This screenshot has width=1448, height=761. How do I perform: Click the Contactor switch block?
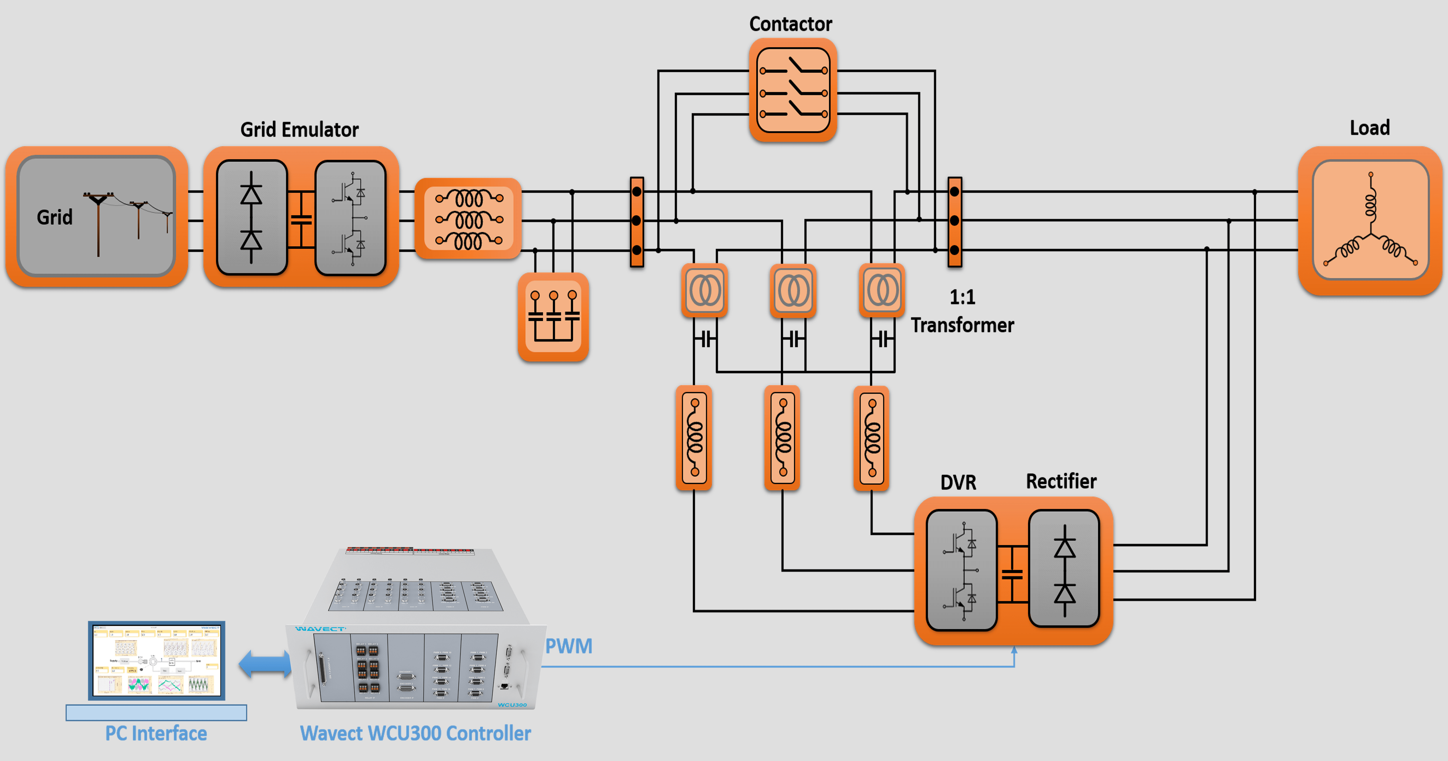point(793,90)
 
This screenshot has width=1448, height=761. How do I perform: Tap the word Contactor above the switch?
point(790,24)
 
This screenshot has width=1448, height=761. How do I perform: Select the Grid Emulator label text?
point(299,130)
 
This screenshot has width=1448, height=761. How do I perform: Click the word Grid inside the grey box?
point(54,217)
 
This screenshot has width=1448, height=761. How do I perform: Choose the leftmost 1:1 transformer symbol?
point(704,291)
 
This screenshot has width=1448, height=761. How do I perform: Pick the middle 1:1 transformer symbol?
point(793,291)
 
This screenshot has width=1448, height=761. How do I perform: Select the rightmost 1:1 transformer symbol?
point(881,291)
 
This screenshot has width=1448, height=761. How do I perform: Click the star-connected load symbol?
point(1370,220)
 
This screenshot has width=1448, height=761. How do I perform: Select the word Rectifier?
point(1061,481)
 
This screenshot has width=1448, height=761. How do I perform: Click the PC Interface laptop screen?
point(156,660)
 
